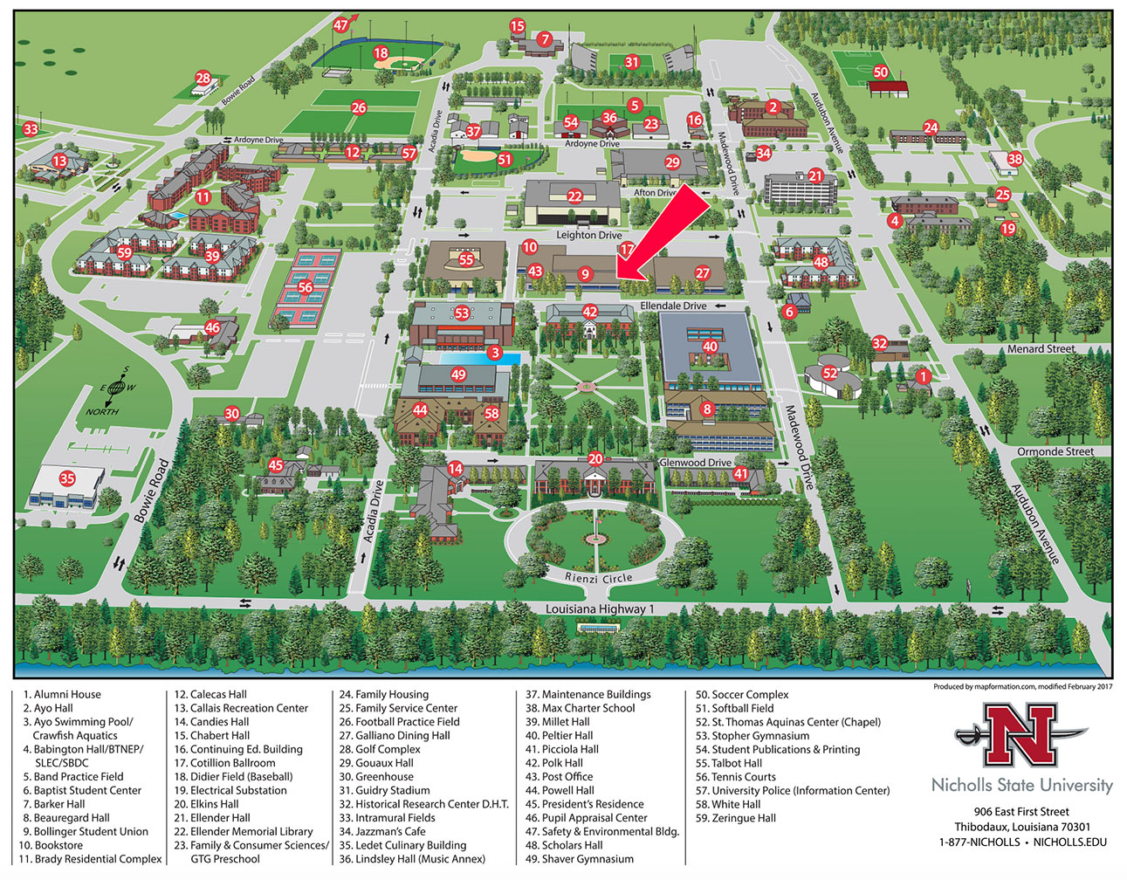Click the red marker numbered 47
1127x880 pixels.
point(341,25)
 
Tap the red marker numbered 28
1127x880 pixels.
point(203,79)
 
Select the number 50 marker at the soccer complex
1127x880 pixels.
point(881,72)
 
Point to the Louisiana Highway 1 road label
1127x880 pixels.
point(600,609)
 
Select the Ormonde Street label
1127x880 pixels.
point(1055,451)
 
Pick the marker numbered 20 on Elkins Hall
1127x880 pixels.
point(595,458)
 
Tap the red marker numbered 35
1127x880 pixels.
point(67,478)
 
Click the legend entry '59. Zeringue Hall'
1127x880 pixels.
point(735,818)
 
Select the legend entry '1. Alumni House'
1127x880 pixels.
point(62,695)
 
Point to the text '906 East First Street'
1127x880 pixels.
point(1022,812)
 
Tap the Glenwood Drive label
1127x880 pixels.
point(696,463)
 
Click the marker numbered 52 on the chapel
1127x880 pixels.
point(830,374)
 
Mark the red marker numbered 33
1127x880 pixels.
point(31,130)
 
